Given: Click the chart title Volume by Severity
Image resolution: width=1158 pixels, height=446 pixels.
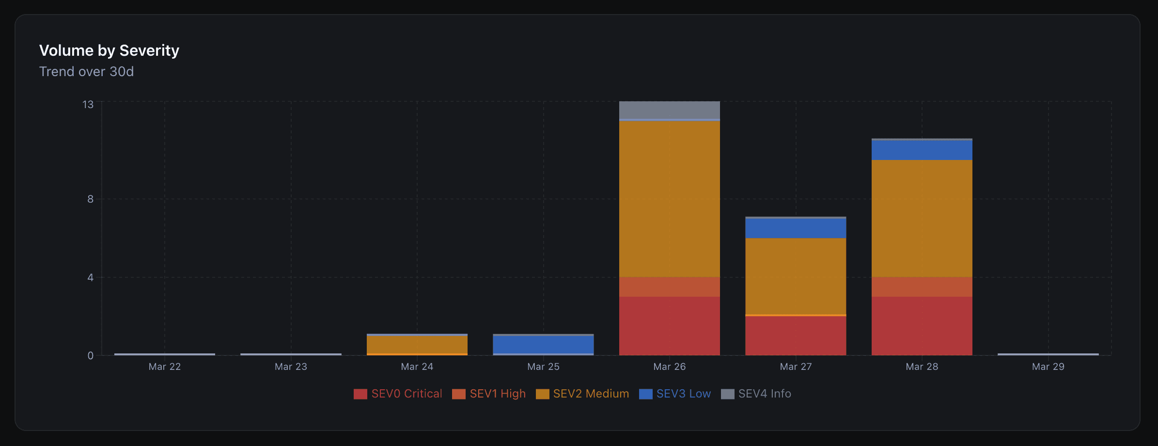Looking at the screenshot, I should tap(109, 50).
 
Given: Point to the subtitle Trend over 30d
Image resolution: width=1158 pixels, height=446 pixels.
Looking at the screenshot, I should tap(86, 72).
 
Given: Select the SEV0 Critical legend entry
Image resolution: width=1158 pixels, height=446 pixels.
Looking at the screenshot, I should tap(398, 394).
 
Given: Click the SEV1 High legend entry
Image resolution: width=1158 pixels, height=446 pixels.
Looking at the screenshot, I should tap(489, 394).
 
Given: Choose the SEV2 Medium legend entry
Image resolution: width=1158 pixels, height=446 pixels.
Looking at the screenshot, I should tap(582, 394).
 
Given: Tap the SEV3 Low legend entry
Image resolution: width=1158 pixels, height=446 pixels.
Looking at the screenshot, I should tap(675, 394).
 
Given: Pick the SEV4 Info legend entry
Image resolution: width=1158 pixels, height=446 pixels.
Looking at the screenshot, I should tap(756, 394).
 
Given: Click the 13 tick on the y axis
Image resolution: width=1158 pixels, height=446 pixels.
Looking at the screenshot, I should tap(88, 105).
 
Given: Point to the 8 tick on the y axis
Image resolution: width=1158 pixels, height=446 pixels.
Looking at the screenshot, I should tap(90, 199).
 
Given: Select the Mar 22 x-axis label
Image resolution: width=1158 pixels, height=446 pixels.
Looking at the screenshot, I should tap(165, 366).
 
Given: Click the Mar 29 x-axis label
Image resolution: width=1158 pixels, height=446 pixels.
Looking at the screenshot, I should tap(1048, 366).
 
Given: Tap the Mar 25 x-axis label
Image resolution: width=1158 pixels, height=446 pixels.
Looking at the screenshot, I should tap(543, 366).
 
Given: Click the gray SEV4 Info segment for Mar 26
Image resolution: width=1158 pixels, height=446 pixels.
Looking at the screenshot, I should tap(669, 110).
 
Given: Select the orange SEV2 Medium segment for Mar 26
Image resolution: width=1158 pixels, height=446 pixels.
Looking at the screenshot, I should tap(669, 199).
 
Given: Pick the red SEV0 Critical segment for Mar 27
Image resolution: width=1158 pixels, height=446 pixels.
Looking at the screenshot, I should tap(796, 335).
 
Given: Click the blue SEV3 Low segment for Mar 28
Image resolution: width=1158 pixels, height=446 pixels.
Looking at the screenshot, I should tap(922, 150).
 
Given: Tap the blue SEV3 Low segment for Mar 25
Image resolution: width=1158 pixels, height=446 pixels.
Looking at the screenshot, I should tap(543, 345).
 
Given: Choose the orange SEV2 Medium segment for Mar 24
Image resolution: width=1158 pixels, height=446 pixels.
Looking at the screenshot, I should tap(417, 345).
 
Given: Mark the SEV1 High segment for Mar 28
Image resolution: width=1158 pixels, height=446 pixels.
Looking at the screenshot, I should tap(922, 287).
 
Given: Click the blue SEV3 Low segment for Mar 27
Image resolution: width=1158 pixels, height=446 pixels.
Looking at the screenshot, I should tap(796, 228).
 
